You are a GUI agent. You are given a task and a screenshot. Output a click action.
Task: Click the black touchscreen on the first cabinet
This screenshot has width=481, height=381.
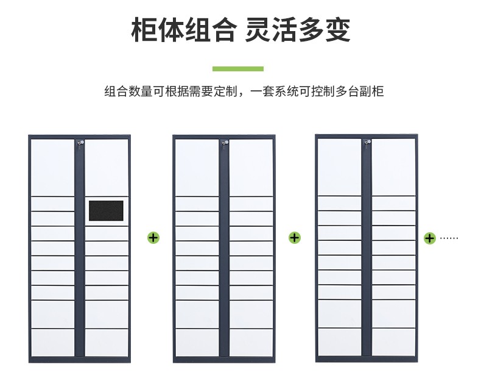tap(106, 210)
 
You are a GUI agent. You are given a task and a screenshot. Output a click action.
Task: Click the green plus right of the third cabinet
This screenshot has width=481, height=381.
tap(429, 238)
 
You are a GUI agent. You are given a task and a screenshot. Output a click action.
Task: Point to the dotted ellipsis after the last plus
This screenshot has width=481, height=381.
tap(449, 238)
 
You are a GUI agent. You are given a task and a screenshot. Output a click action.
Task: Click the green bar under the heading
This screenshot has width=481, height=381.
tap(237, 69)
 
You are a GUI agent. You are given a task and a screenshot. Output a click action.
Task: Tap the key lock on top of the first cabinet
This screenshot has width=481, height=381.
tap(79, 143)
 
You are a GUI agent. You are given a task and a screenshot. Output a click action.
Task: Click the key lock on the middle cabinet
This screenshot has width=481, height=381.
tap(225, 143)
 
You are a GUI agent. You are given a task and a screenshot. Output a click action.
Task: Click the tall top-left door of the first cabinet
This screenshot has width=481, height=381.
tap(52, 166)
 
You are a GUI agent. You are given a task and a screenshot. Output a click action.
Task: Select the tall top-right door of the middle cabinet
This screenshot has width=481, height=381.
tap(251, 166)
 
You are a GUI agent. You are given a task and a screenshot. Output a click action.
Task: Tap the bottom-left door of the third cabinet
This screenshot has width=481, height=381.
tap(339, 342)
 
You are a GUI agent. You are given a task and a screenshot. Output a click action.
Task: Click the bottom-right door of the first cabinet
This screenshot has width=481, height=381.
tap(107, 343)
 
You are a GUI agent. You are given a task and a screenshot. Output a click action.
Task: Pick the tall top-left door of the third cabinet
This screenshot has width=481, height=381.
tap(339, 166)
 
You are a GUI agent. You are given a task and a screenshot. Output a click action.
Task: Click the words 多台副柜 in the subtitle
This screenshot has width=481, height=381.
tap(360, 92)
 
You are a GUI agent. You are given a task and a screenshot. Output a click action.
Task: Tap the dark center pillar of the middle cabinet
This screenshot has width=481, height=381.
tap(224, 250)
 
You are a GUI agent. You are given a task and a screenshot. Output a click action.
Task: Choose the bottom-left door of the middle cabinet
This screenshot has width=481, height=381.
tap(197, 343)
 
